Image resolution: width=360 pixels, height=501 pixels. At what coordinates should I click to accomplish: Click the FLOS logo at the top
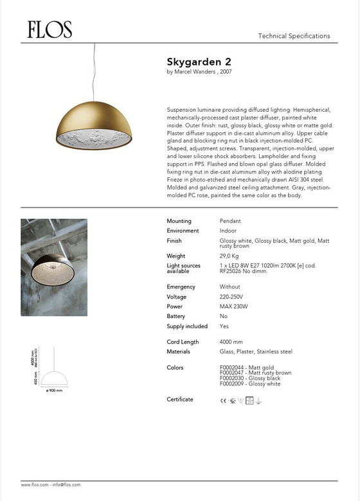50,30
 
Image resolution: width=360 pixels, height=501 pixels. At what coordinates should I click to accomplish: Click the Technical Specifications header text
294,36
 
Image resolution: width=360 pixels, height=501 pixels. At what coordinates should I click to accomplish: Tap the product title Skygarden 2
199,62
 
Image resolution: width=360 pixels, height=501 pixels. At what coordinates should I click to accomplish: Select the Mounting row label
179,221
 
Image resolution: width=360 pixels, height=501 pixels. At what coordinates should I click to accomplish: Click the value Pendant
230,221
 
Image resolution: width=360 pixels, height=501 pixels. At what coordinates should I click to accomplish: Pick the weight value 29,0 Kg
230,256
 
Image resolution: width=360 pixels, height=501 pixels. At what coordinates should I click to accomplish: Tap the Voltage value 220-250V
232,297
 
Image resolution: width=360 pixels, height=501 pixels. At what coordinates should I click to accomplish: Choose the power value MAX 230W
233,306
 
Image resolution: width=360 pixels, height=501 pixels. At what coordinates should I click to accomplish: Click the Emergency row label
181,286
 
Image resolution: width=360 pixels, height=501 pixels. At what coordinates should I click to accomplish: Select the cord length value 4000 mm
231,342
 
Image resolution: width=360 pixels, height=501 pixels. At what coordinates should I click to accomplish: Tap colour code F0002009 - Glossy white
250,383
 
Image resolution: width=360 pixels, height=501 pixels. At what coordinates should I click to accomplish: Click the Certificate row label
180,400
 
